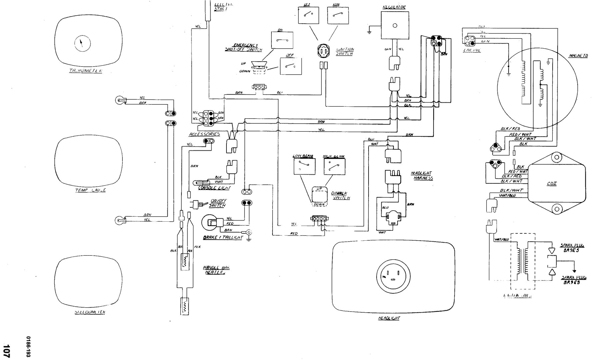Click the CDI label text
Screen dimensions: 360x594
click(x=552, y=183)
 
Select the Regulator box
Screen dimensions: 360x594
click(x=395, y=25)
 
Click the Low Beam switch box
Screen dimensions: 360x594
click(x=305, y=166)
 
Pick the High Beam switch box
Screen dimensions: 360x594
click(x=334, y=166)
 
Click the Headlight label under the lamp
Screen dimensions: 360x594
click(x=389, y=318)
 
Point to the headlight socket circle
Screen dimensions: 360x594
click(x=394, y=276)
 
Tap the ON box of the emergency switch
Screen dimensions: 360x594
click(x=282, y=40)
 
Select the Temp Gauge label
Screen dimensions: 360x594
click(x=89, y=190)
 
